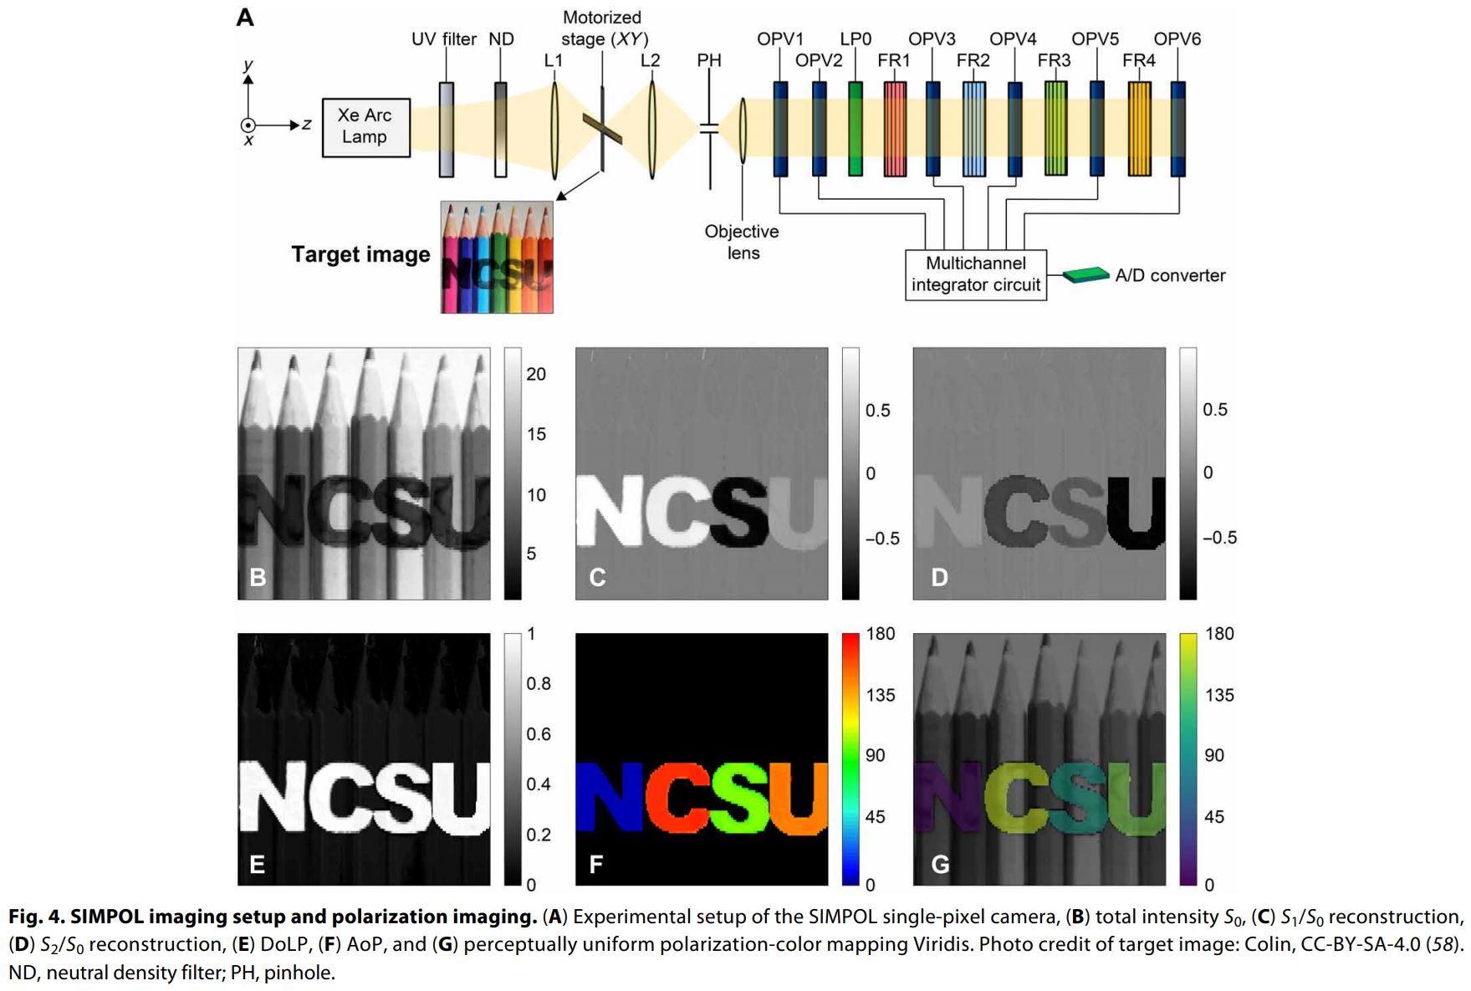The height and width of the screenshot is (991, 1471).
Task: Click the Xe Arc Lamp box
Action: [365, 126]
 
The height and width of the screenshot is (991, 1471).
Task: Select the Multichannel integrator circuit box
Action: [975, 274]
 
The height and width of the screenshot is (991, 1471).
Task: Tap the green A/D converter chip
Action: [1086, 274]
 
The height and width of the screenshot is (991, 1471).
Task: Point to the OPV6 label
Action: [1177, 38]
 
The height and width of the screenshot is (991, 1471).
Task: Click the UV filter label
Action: [443, 39]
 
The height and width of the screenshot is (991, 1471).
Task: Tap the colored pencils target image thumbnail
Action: [497, 257]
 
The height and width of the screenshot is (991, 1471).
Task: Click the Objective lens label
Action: [742, 242]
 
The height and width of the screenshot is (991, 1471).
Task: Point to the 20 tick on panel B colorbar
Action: [536, 374]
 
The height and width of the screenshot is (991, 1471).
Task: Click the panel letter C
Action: [597, 577]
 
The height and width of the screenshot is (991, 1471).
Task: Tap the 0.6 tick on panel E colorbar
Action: [539, 733]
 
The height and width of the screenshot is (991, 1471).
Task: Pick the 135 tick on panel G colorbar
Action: [1219, 695]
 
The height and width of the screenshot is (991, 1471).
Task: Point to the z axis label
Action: [307, 124]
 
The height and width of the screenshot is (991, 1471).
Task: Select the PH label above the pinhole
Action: [709, 60]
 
